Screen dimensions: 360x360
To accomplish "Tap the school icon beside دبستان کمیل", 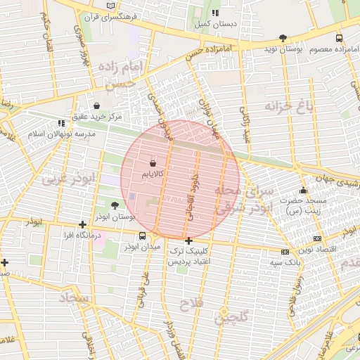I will coord(215,13).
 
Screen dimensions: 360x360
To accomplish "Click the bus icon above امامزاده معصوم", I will coord(339,39).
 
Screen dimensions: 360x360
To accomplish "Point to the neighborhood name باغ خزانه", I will coord(288,106).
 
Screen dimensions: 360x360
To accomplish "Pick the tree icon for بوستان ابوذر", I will coord(115,205).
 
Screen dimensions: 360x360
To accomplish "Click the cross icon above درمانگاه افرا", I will coord(83,224).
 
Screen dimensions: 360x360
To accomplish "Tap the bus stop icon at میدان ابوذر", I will coord(143,236).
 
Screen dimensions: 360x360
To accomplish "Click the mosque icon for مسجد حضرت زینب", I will coord(303,190).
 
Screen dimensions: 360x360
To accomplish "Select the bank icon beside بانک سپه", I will coord(284,251).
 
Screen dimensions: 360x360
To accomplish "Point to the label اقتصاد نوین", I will coord(317,250).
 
